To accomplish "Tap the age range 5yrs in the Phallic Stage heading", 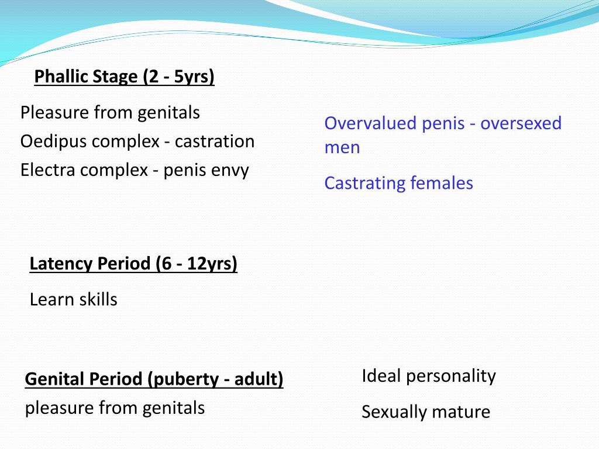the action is (x=194, y=77).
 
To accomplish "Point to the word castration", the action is (x=214, y=141).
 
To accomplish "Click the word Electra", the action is (x=48, y=170).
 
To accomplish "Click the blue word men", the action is (x=342, y=147).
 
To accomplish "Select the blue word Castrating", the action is (x=364, y=183).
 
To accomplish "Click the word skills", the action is (x=98, y=299).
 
